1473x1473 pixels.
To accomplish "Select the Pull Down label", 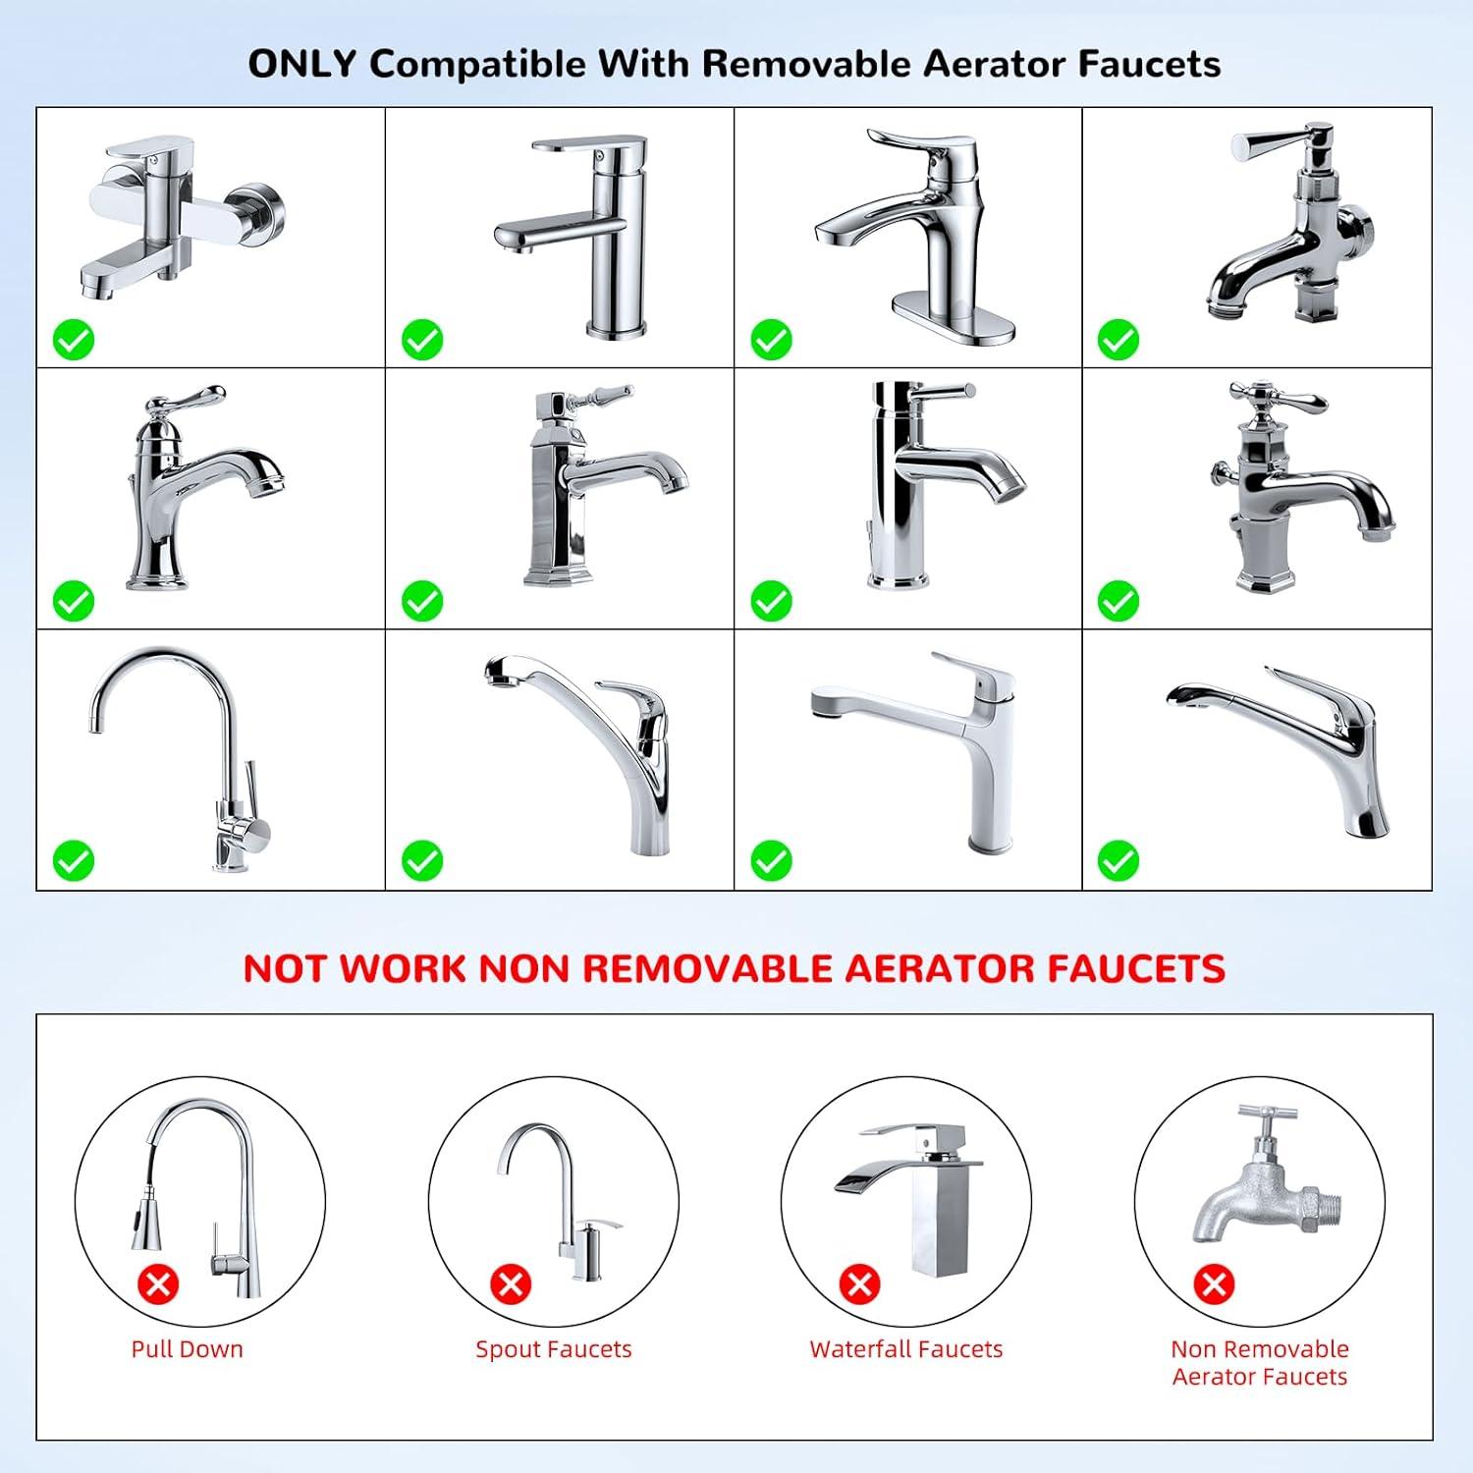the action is (188, 1348).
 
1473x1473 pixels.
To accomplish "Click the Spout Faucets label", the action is (554, 1349).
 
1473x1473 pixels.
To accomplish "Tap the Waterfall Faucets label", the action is (906, 1348).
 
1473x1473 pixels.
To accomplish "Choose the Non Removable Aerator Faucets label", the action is (1260, 1362).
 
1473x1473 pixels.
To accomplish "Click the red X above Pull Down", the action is (159, 1283).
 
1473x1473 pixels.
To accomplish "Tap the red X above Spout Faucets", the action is (511, 1283).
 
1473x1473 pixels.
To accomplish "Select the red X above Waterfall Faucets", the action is (860, 1283).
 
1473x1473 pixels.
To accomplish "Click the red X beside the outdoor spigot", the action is (1214, 1283).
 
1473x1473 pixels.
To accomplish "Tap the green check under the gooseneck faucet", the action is (74, 861).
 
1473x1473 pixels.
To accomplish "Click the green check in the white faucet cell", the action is (771, 861).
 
